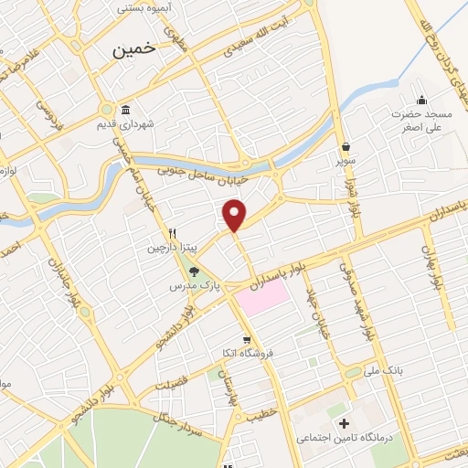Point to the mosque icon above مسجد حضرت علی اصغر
(421, 101)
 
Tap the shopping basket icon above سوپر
(346, 146)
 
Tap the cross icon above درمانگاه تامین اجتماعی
(344, 423)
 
